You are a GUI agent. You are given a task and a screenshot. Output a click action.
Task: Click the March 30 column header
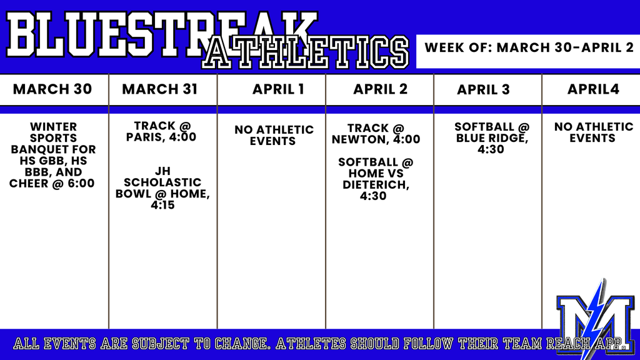[x=52, y=89]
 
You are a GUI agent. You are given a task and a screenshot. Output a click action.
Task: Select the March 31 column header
[x=159, y=89]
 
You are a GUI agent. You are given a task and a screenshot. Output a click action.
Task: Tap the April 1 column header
[x=278, y=89]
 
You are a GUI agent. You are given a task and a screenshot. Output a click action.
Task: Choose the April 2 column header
[x=381, y=89]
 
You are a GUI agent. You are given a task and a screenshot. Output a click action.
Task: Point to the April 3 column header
[x=483, y=90]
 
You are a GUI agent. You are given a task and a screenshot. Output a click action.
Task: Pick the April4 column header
[x=593, y=89]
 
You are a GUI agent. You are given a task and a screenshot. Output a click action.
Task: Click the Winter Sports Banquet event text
[x=52, y=155]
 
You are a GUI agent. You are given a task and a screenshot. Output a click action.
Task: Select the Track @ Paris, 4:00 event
[x=161, y=131]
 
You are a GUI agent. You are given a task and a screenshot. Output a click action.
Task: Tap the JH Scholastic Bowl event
[x=162, y=187]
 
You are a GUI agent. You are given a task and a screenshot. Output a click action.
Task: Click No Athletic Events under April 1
[x=274, y=136]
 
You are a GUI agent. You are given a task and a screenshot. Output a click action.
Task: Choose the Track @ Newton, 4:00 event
[x=376, y=134]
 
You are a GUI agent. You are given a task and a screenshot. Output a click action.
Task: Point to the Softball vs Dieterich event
[x=376, y=179]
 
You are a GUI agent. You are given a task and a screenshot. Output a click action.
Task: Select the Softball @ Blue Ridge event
[x=492, y=138]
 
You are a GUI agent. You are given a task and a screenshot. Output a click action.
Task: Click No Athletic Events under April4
[x=594, y=132]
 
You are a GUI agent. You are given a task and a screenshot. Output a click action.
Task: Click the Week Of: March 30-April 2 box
[x=528, y=51]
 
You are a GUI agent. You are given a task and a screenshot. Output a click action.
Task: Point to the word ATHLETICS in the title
[x=305, y=52]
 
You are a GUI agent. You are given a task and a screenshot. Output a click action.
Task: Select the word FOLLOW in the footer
[x=428, y=344]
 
